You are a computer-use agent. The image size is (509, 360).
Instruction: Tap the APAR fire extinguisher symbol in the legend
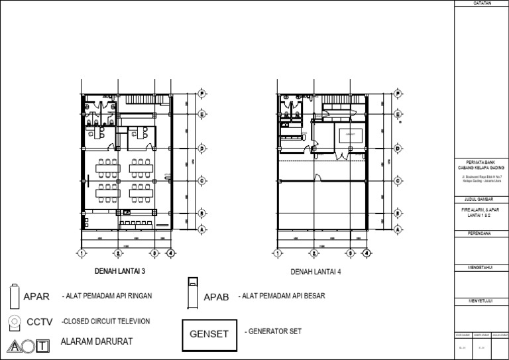tap(15, 296)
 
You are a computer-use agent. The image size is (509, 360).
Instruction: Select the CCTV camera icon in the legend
tap(14, 322)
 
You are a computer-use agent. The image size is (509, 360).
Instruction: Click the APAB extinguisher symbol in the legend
tap(192, 294)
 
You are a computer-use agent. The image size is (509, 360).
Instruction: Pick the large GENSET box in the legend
tap(210, 333)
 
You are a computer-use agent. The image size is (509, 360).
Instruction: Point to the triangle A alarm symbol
tap(13, 345)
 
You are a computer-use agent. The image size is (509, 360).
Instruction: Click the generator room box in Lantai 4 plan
tap(351, 135)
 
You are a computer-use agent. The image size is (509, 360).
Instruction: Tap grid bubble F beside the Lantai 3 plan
tap(202, 94)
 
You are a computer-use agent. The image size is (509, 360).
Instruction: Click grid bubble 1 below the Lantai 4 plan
tap(278, 253)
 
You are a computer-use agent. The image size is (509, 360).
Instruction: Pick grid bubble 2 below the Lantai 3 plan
tap(117, 253)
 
